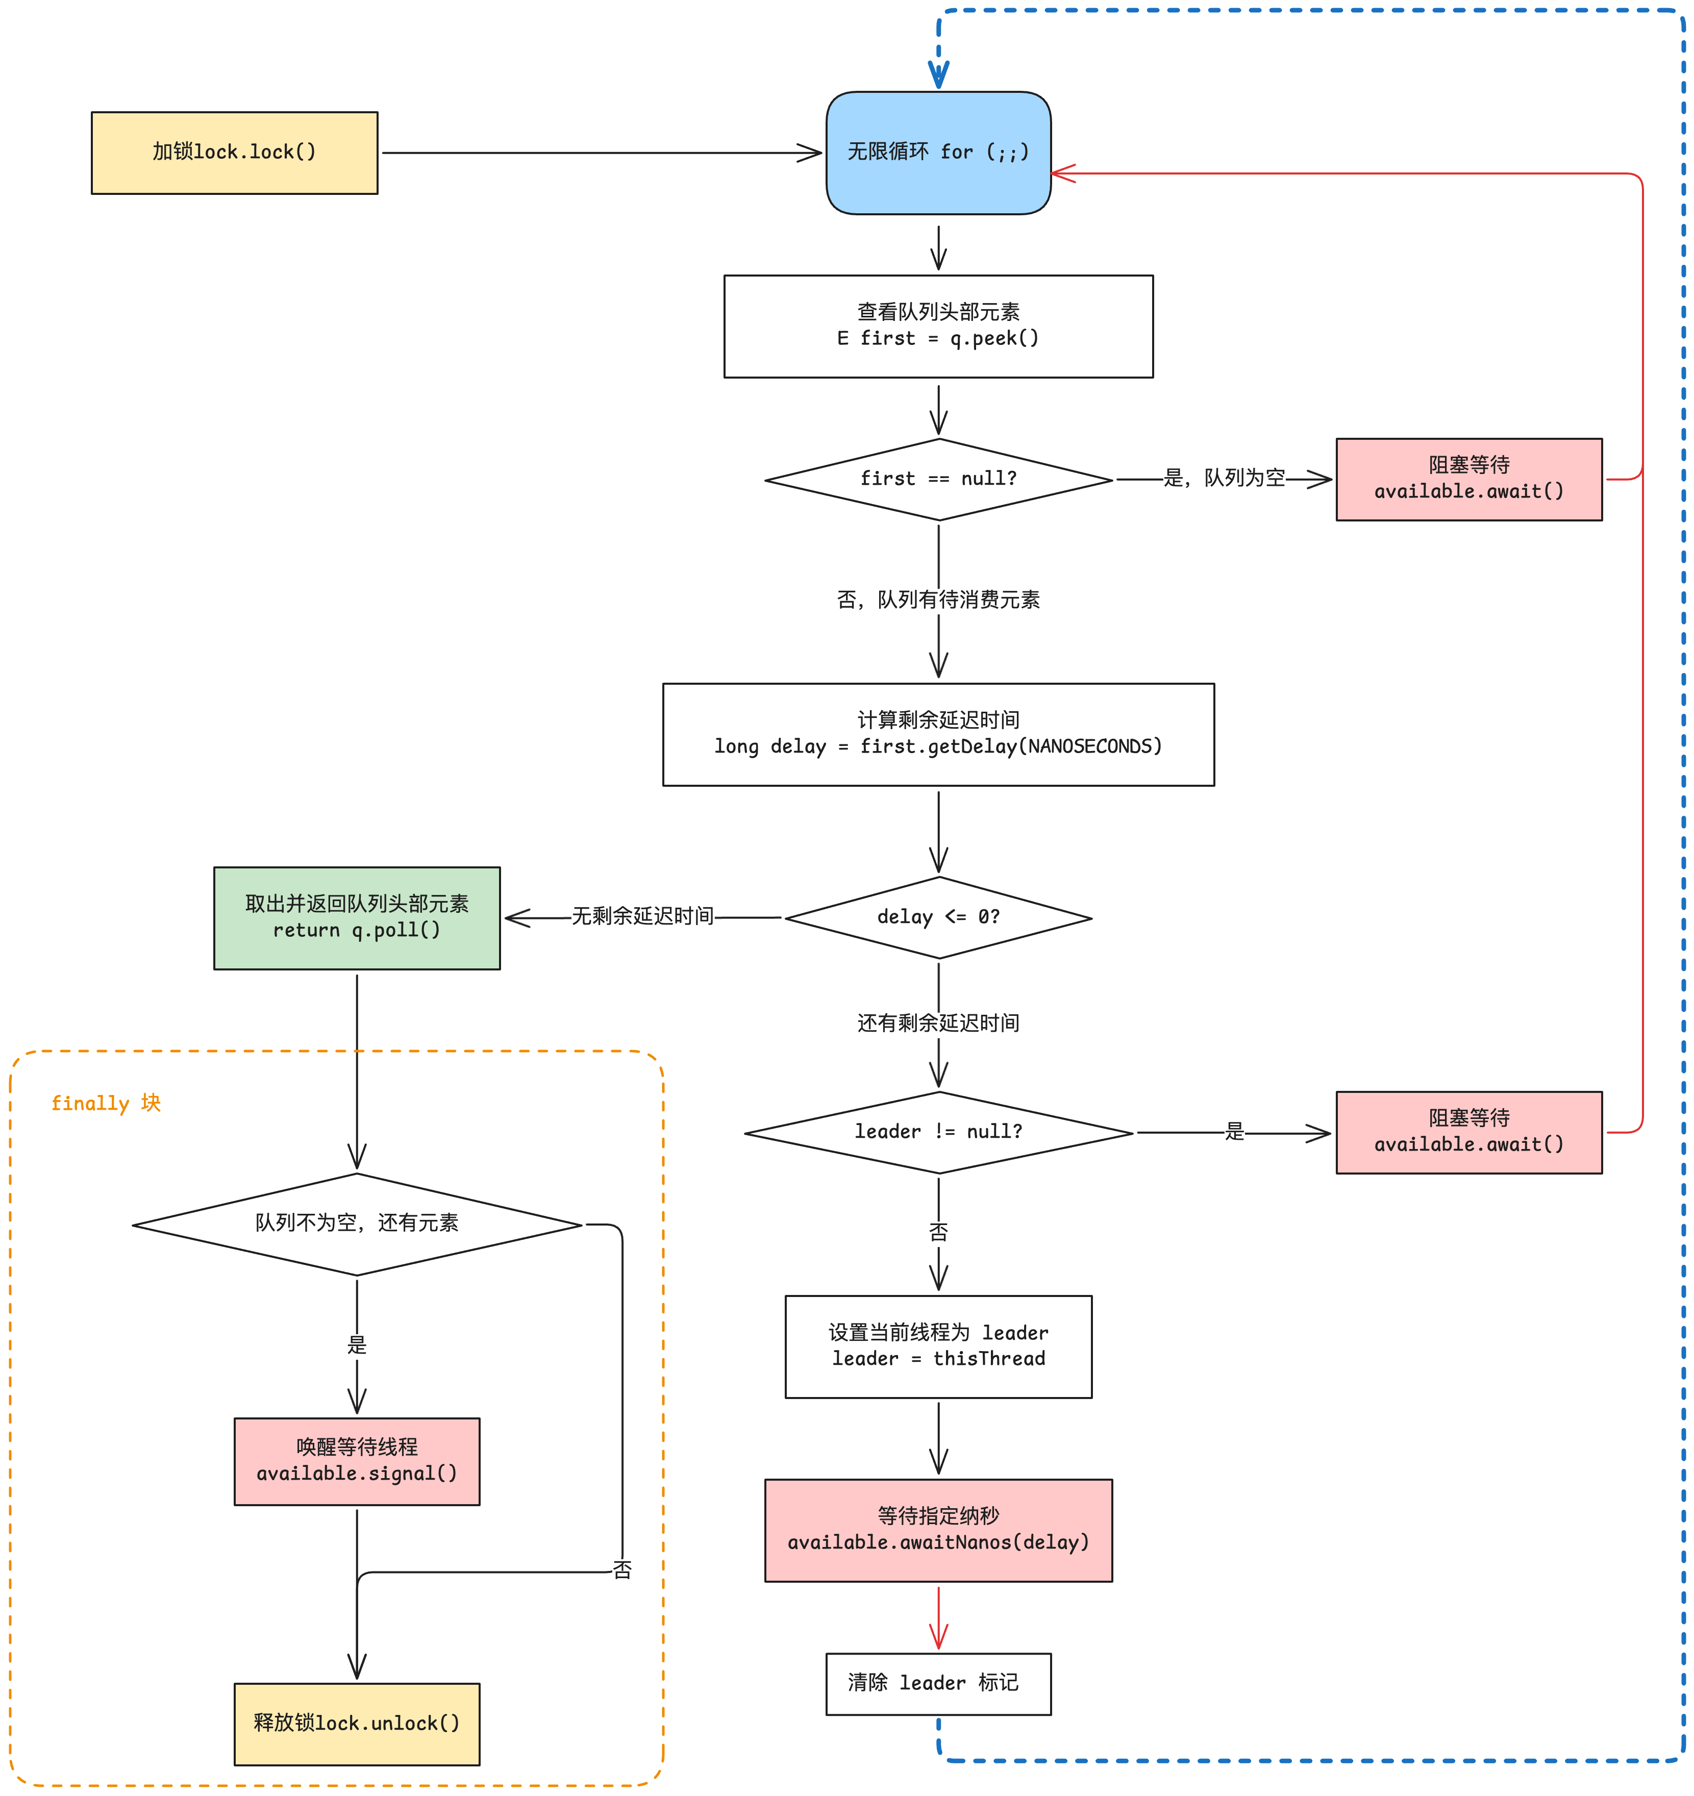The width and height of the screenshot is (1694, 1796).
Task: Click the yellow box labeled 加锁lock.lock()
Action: coord(234,153)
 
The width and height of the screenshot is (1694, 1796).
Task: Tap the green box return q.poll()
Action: coord(357,918)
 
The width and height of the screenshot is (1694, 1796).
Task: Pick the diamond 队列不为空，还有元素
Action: coord(357,1224)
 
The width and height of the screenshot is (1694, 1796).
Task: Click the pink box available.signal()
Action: coord(357,1461)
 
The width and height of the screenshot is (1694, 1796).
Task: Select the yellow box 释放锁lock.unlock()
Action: coord(357,1724)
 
